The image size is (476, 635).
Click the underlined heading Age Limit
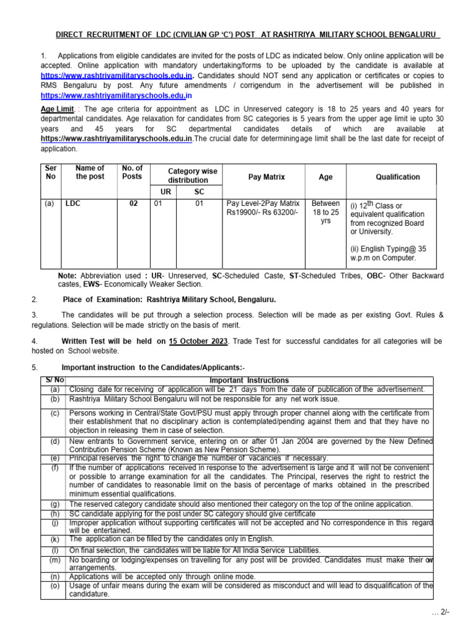click(56, 109)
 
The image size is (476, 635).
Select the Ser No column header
click(50, 172)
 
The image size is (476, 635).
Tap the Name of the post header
click(89, 172)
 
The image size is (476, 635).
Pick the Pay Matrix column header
click(266, 177)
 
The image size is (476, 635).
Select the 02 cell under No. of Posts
click(133, 203)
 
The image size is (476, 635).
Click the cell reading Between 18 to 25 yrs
click(325, 211)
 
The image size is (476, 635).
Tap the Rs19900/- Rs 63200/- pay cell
click(262, 213)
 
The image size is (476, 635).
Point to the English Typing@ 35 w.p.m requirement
click(388, 253)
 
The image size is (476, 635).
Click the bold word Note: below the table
click(68, 275)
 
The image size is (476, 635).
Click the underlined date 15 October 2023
click(198, 341)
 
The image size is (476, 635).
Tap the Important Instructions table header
click(249, 380)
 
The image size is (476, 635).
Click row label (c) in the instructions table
click(55, 412)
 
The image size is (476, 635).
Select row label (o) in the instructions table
click(55, 585)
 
